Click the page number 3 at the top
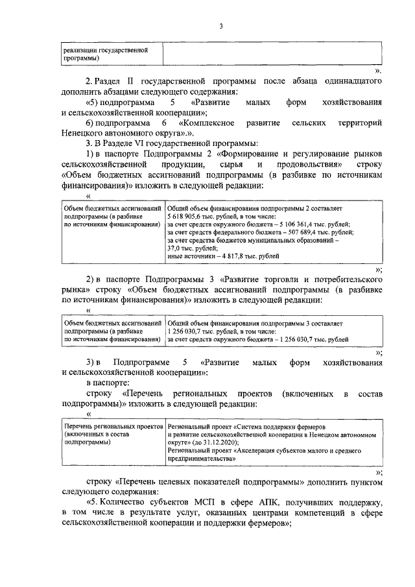[220, 26]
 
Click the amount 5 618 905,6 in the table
[184, 215]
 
